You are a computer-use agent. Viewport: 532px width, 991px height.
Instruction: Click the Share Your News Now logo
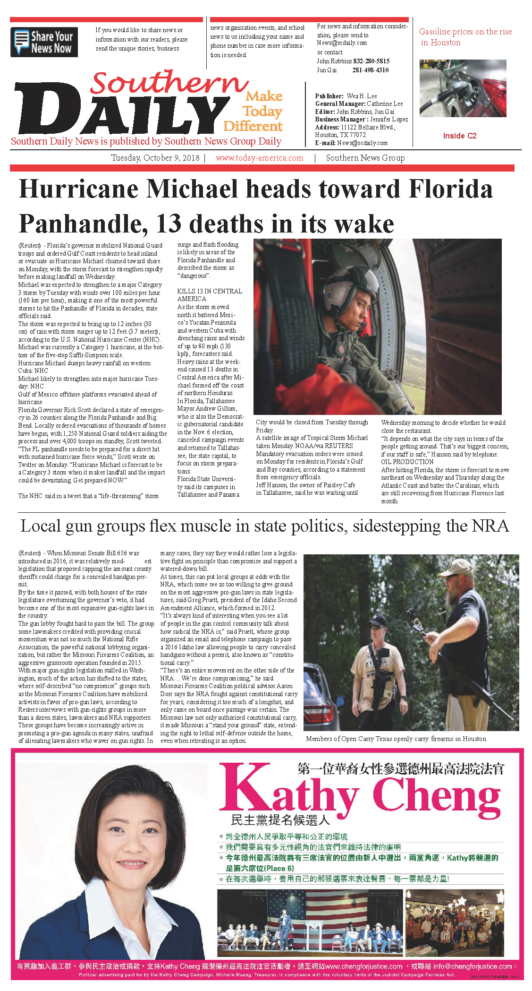tap(44, 43)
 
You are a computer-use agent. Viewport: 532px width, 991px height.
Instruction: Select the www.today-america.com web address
tap(259, 158)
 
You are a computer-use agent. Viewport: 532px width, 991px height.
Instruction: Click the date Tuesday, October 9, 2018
tap(155, 158)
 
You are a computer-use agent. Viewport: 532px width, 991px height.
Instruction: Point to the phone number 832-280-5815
tap(372, 61)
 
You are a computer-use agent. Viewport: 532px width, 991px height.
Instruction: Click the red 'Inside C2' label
tap(459, 136)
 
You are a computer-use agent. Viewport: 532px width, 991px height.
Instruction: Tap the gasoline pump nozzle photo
tap(463, 88)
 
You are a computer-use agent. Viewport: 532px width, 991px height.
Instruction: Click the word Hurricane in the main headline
tap(78, 189)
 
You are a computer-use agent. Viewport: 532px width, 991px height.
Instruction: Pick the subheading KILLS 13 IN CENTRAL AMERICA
tap(210, 295)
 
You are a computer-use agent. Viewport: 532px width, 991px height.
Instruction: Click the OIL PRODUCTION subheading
tap(407, 462)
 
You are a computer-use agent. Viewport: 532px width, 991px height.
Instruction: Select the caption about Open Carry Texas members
tap(396, 739)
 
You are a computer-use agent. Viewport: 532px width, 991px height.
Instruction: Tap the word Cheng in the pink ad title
tap(437, 795)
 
